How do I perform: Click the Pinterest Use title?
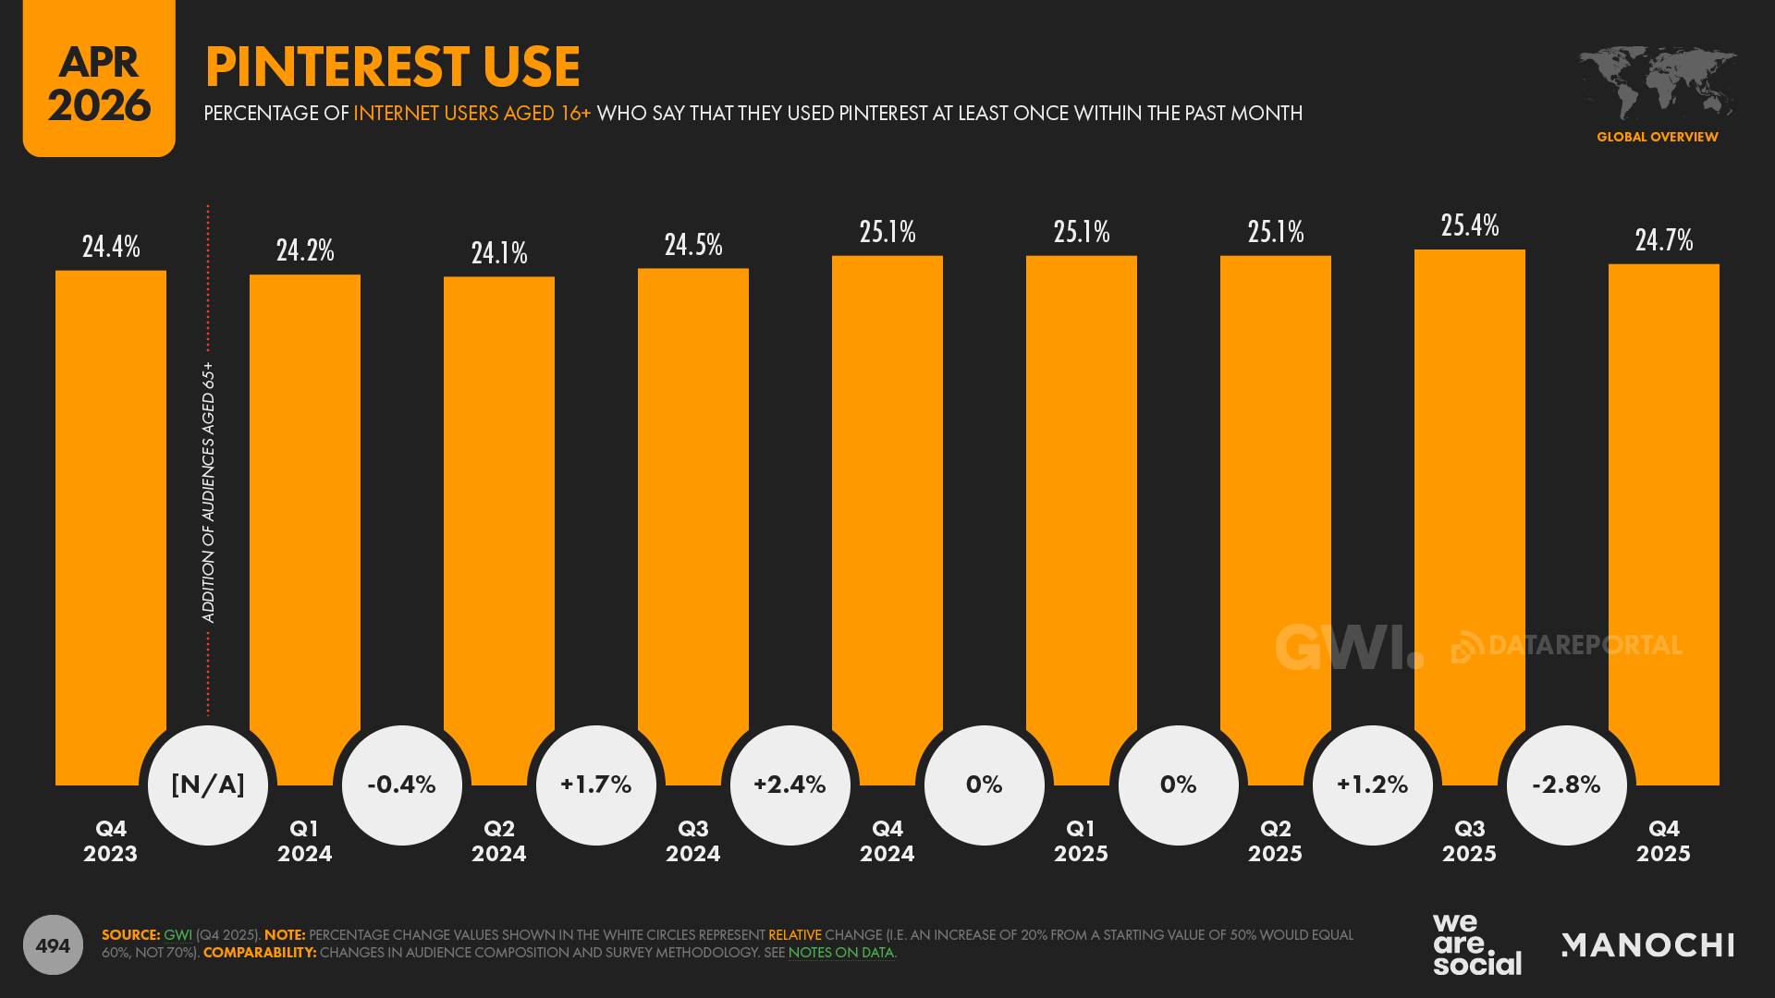tap(392, 67)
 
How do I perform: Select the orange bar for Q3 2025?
tap(1469, 481)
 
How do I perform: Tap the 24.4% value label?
tap(111, 247)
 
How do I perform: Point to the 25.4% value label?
tap(1469, 225)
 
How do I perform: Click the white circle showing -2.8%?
tap(1566, 785)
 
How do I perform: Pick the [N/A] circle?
tap(208, 785)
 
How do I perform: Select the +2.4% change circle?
tap(790, 785)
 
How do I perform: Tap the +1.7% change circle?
tap(595, 785)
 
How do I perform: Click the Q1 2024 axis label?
tap(304, 841)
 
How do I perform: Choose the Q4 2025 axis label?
tap(1663, 841)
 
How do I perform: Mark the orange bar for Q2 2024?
tap(499, 499)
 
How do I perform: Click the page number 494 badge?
tap(53, 945)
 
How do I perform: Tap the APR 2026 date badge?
tap(99, 81)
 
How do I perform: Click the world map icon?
tap(1657, 81)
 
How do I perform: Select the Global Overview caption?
tap(1657, 137)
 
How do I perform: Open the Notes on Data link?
tap(840, 953)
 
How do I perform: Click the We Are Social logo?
tap(1476, 944)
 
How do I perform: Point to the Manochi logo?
tap(1647, 945)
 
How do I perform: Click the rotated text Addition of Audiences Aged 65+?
tap(209, 492)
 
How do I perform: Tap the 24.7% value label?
tap(1663, 240)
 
